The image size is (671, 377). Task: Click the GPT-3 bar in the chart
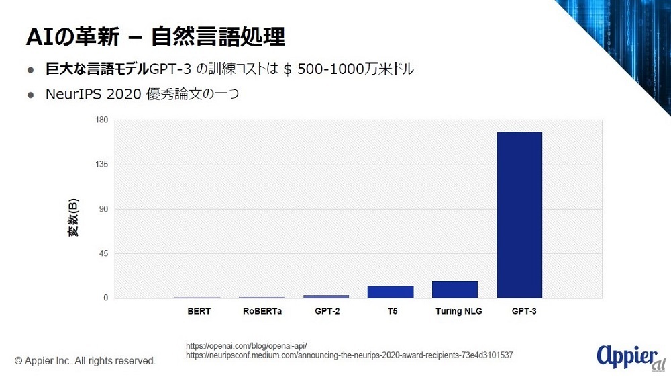[x=519, y=215]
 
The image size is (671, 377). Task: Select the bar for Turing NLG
[x=454, y=290]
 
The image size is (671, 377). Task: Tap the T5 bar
[x=390, y=292]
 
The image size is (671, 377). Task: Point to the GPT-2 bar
[x=325, y=296]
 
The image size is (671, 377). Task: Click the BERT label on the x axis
[x=199, y=311]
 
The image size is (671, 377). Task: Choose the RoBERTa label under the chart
[x=262, y=311]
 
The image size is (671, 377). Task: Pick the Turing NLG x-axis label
[x=458, y=311]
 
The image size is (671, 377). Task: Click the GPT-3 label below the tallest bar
[x=523, y=311]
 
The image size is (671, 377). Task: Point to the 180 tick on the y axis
[x=102, y=120]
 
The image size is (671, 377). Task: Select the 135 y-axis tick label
[x=102, y=165]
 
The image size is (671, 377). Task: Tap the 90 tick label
[x=104, y=209]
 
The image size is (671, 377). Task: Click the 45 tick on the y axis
[x=104, y=253]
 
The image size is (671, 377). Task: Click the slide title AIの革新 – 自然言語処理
[x=155, y=37]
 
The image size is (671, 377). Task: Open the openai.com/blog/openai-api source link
[x=246, y=345]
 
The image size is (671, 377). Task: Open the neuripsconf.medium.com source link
[x=350, y=354]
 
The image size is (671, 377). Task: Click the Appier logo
[x=627, y=357]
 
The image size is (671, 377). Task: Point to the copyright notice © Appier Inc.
[x=85, y=361]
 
